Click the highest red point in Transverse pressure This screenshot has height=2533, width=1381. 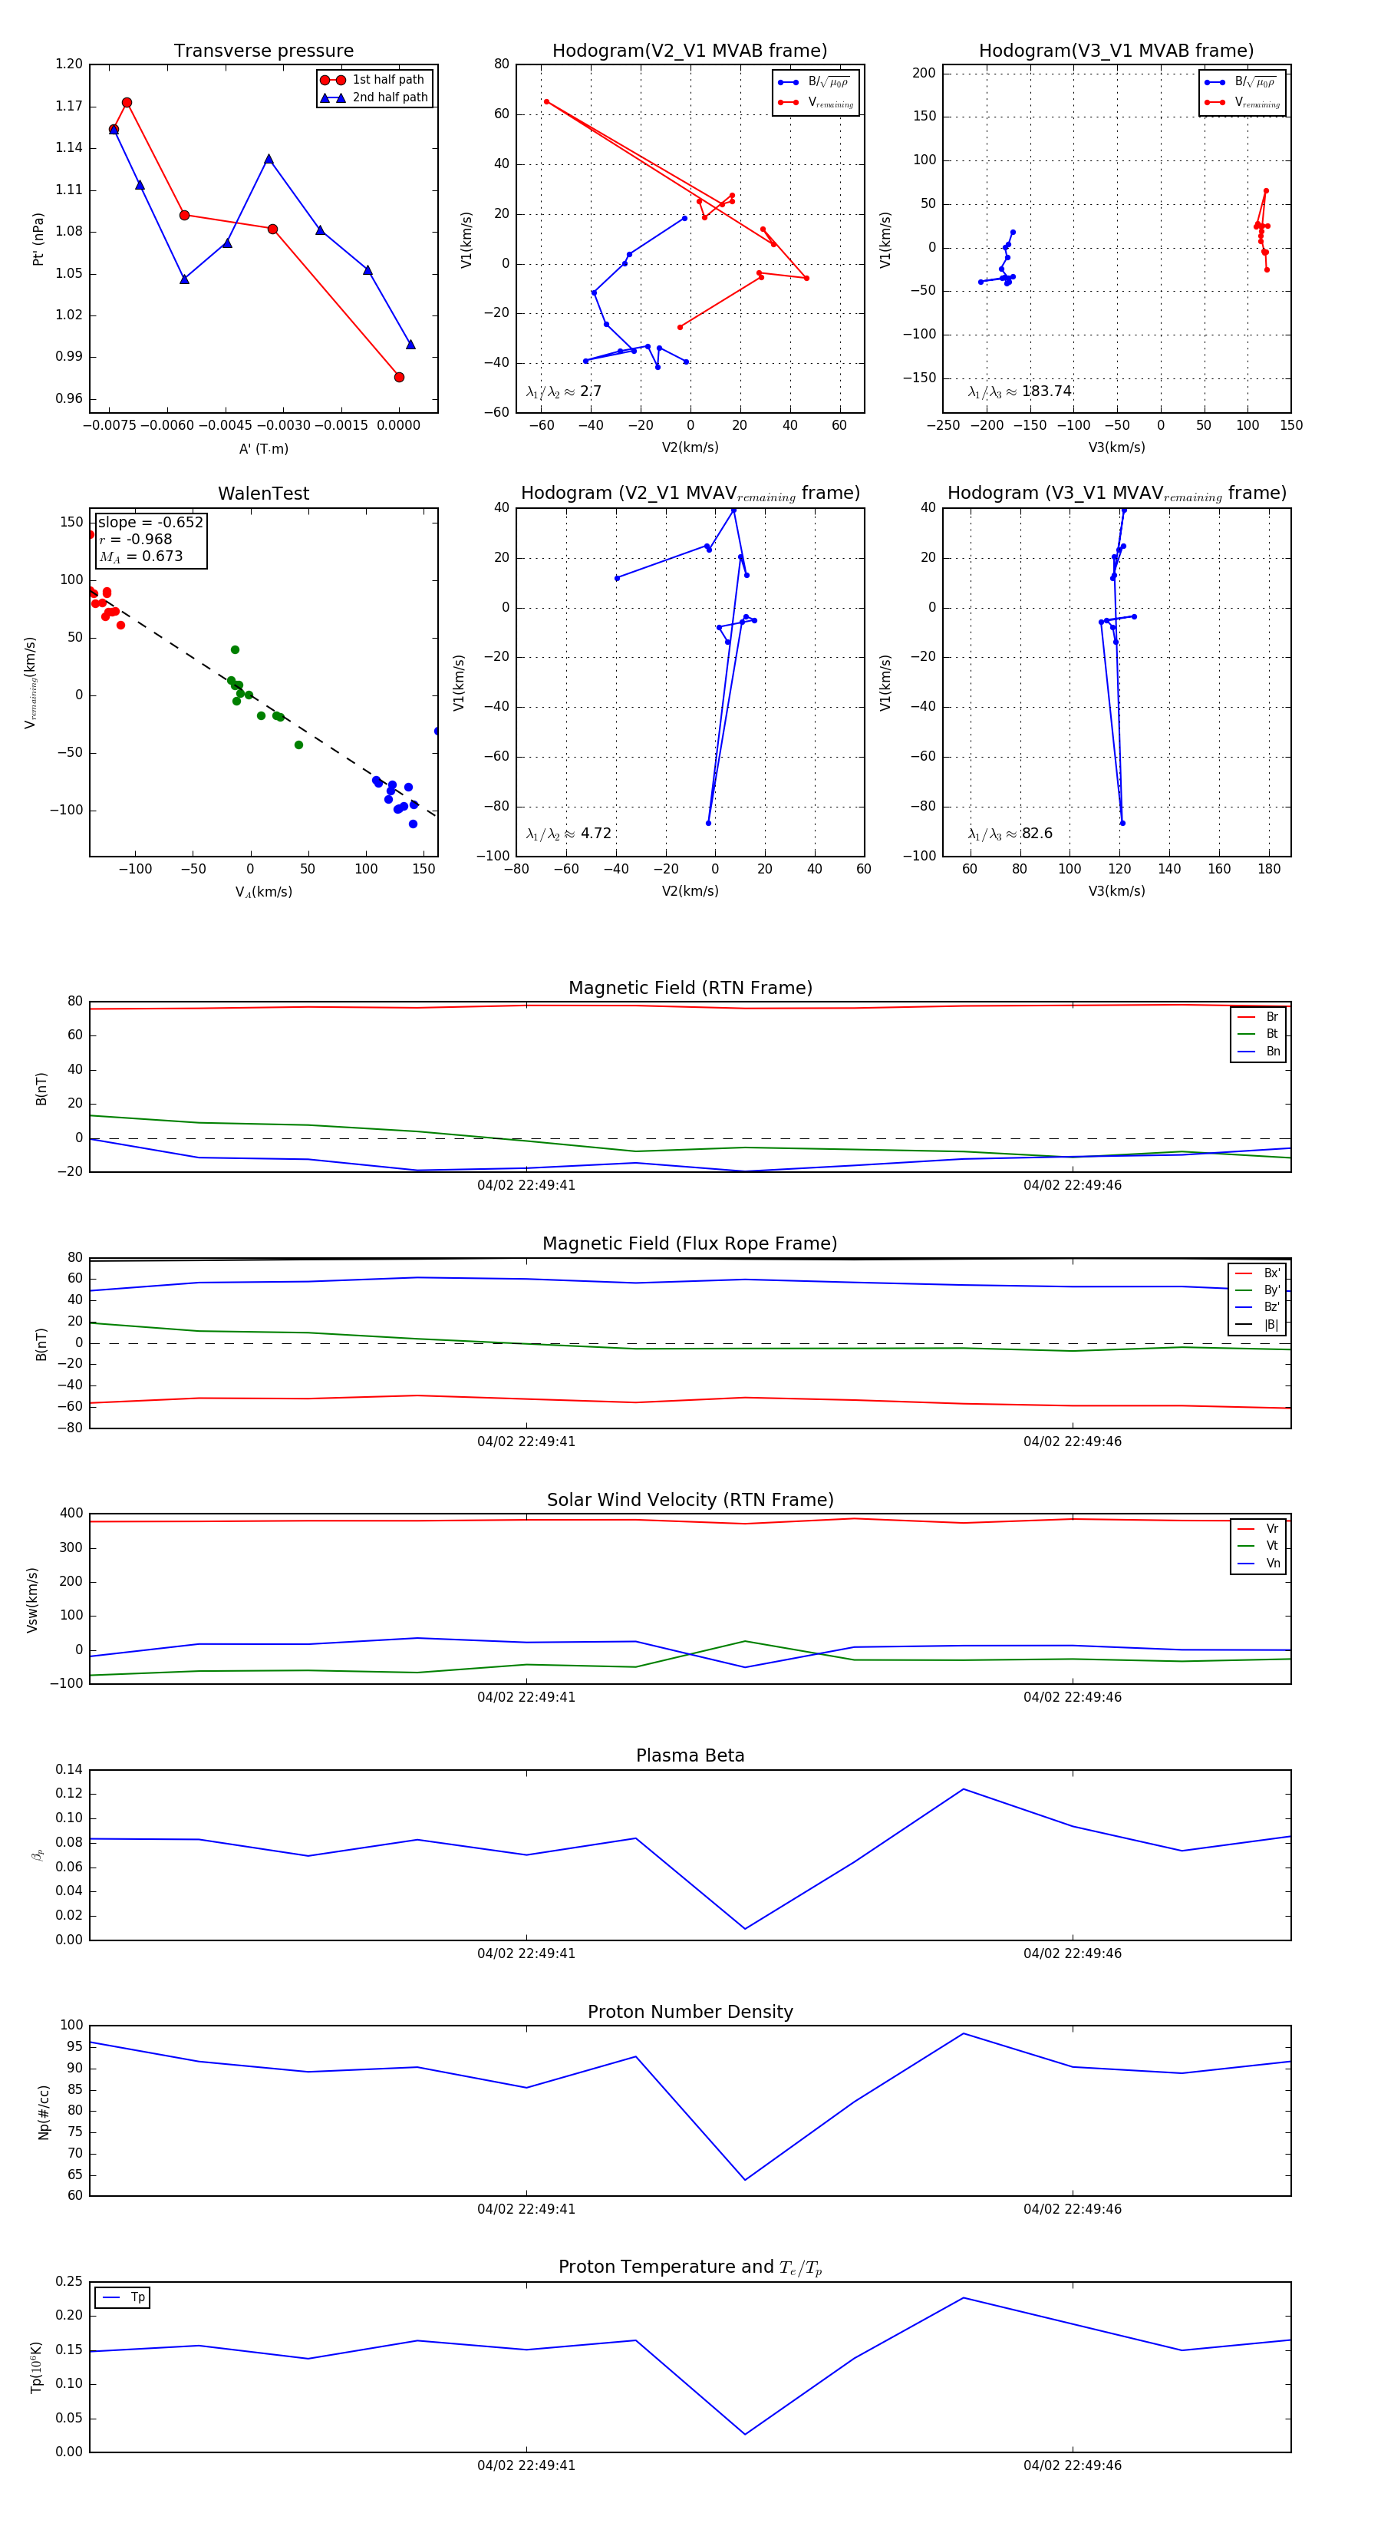(127, 102)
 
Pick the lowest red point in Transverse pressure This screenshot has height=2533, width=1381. (399, 377)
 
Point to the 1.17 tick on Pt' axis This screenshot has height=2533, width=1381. (69, 106)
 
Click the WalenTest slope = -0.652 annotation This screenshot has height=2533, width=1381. (150, 522)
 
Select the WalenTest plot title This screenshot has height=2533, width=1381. (263, 494)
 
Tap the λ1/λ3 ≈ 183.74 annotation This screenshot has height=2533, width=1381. (1020, 391)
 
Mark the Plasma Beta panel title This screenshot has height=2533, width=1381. (690, 1755)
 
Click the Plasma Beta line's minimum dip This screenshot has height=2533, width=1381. (745, 1928)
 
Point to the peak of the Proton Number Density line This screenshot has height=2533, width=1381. (964, 2033)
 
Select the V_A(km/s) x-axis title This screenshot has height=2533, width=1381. (263, 892)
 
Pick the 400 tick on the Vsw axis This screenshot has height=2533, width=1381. (71, 1514)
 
